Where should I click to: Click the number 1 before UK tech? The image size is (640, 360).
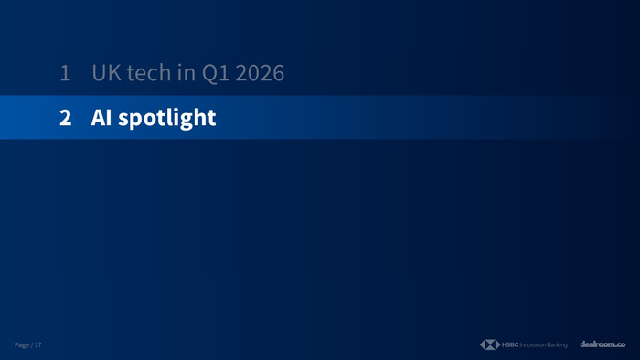(65, 73)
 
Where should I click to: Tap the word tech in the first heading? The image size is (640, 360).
(148, 73)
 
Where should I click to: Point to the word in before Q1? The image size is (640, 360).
(187, 72)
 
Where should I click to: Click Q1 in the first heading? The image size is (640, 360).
(216, 73)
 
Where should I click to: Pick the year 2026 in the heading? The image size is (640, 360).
(260, 73)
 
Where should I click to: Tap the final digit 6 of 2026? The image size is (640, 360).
(278, 73)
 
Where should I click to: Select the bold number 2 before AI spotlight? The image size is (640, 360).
(65, 118)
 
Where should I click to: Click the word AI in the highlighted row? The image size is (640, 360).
(101, 118)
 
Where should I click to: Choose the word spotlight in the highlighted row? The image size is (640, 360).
(167, 119)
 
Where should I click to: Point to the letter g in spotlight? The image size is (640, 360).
(187, 122)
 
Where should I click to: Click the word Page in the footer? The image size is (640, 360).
(22, 344)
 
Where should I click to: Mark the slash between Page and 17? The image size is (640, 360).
(32, 344)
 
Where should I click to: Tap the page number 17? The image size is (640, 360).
(38, 344)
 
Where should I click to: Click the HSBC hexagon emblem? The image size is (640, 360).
(490, 344)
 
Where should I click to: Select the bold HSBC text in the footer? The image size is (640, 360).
(510, 344)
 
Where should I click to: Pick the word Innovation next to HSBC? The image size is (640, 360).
(533, 344)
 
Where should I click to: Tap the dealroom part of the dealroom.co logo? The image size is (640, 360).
(598, 344)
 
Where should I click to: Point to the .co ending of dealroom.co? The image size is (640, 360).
(621, 345)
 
